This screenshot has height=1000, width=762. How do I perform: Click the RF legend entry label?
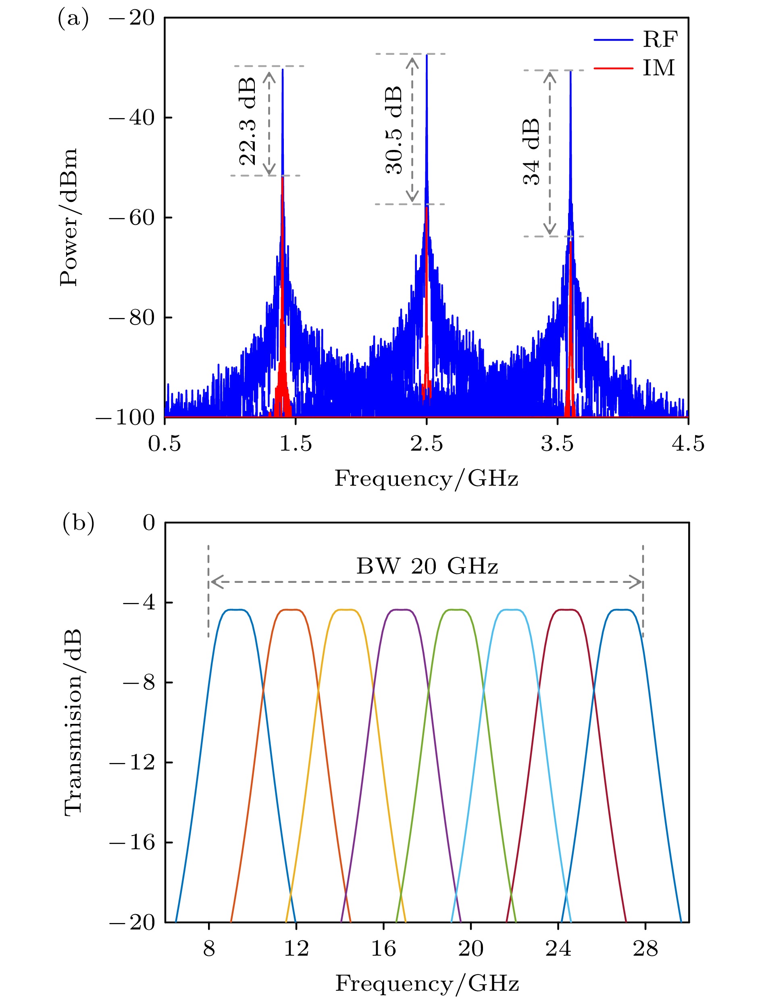tap(660, 40)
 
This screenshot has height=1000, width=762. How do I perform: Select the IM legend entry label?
tap(659, 68)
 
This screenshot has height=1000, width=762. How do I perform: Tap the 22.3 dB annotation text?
tap(248, 121)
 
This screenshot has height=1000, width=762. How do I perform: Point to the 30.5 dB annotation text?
tap(393, 130)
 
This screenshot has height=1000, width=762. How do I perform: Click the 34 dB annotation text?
tap(531, 152)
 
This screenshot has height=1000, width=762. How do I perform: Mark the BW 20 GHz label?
tap(427, 566)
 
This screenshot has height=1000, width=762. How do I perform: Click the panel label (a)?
tap(73, 19)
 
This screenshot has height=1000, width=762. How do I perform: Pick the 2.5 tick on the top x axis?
tap(427, 443)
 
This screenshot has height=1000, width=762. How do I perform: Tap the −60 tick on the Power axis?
tap(131, 218)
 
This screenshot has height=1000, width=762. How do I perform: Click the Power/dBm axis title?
tap(69, 217)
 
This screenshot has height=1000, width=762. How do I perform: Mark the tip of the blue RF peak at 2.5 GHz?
tap(427, 55)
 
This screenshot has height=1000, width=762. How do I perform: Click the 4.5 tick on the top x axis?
tap(688, 443)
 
